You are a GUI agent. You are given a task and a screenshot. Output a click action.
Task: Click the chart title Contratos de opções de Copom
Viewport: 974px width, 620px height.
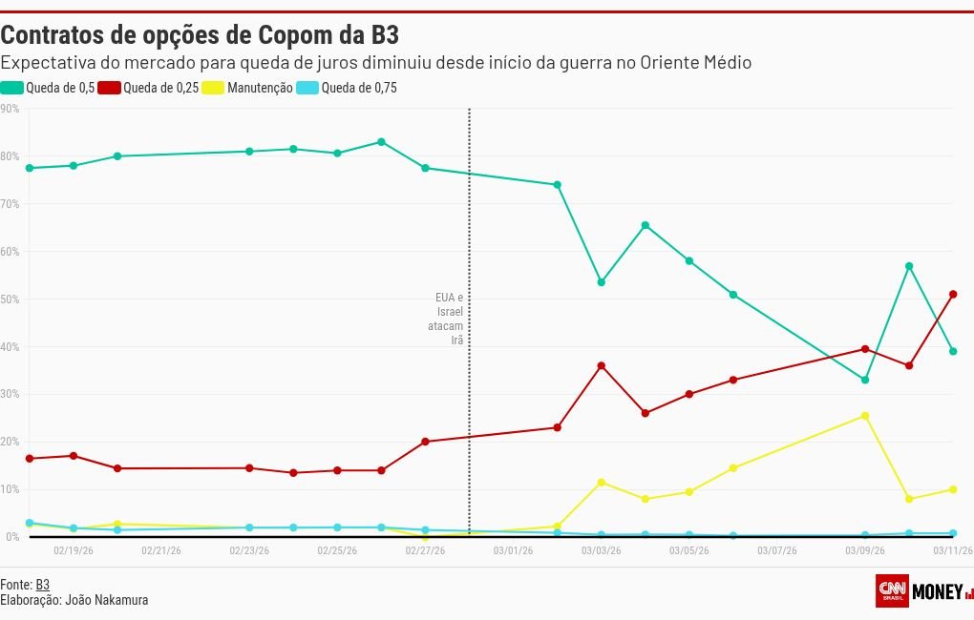[x=199, y=36]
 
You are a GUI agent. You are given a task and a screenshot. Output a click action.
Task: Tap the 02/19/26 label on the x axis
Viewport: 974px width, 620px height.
[x=74, y=550]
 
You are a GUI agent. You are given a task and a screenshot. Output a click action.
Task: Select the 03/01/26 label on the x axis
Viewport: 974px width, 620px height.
[x=513, y=550]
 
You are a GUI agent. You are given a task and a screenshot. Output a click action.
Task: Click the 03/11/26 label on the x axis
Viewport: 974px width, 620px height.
[x=952, y=550]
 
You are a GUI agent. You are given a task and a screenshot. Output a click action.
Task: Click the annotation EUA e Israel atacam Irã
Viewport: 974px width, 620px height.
[x=449, y=319]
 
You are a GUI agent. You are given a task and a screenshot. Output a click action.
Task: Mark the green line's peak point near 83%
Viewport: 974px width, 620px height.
[x=381, y=142]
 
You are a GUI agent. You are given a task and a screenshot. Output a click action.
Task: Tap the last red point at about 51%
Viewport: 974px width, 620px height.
[x=953, y=295]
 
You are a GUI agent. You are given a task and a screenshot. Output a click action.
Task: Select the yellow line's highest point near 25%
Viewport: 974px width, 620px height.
[x=865, y=416]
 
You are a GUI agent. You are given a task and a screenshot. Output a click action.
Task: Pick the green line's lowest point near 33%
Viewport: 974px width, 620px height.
[x=865, y=380]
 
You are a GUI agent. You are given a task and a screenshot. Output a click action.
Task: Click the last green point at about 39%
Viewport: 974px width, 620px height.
[x=953, y=351]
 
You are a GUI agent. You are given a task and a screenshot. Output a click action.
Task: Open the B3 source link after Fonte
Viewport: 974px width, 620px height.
[x=42, y=584]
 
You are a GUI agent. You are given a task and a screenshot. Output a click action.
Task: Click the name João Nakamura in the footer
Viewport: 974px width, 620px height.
[x=106, y=600]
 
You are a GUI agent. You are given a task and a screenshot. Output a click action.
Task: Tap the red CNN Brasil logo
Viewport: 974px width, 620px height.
[x=891, y=590]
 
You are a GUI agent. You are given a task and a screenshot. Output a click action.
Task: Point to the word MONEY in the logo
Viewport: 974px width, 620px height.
[x=937, y=591]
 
